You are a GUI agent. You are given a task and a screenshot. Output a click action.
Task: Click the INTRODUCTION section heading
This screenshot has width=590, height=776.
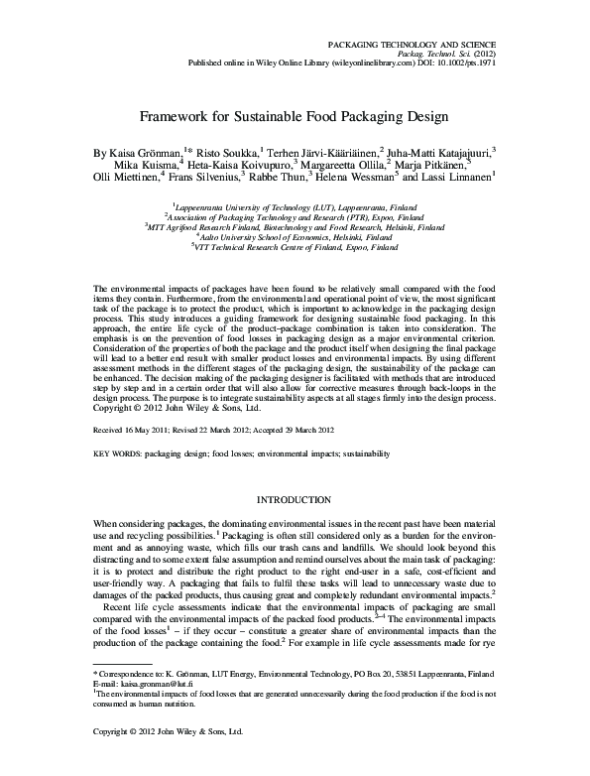coord(295,498)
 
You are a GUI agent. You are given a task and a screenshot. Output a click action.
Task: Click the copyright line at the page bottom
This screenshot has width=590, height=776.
coord(167,757)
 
